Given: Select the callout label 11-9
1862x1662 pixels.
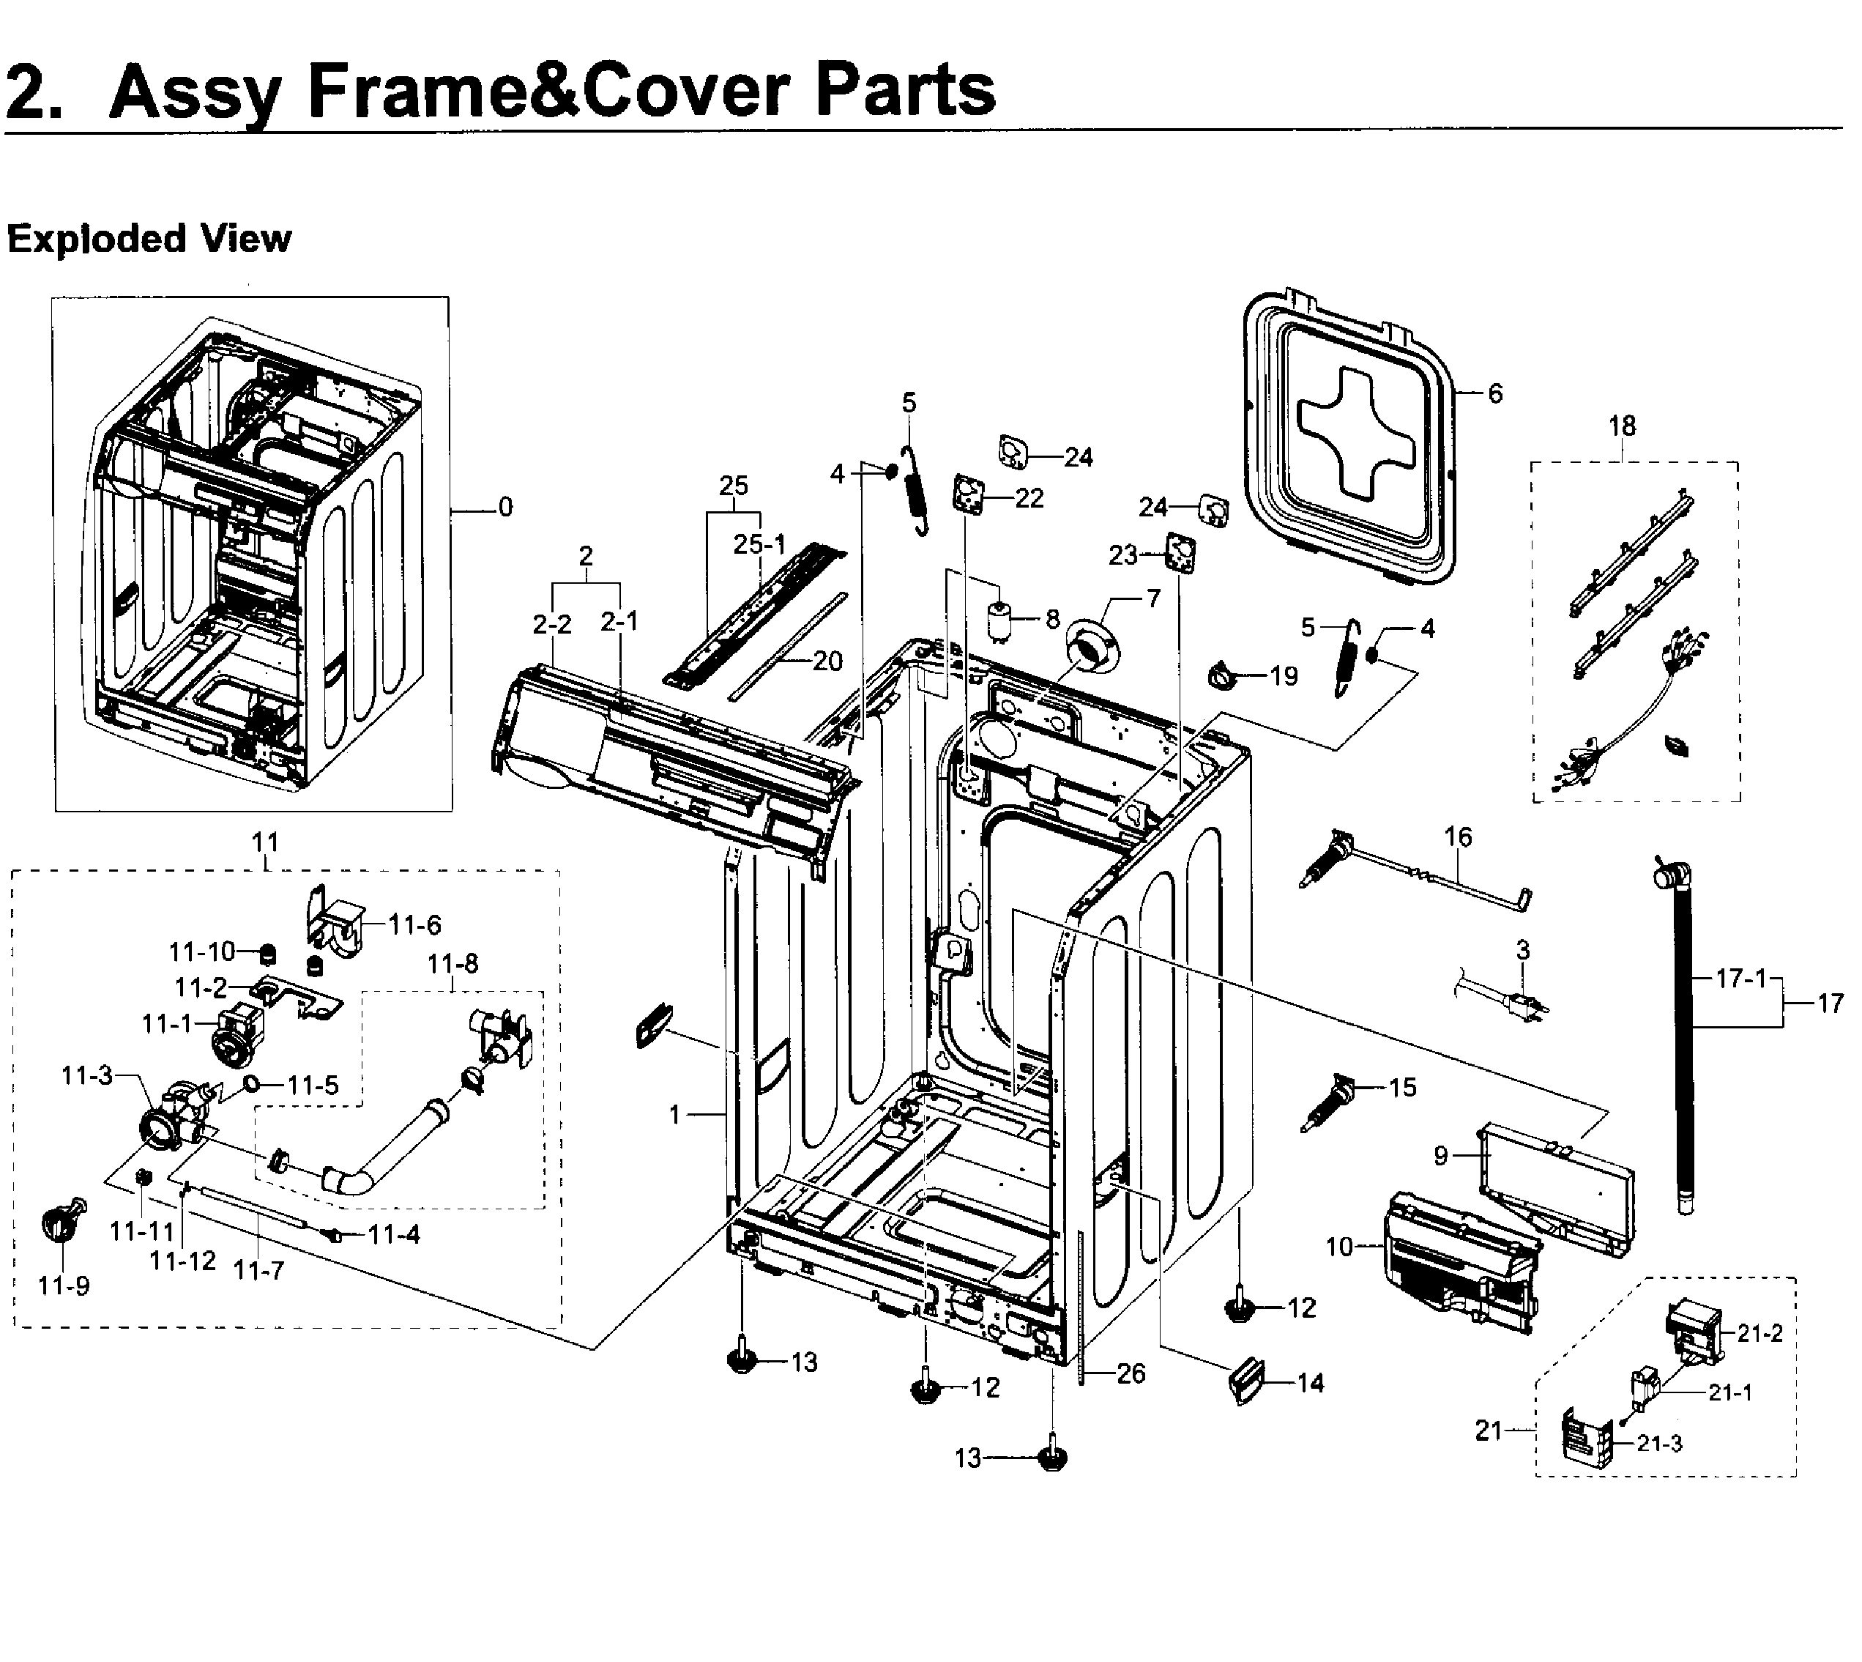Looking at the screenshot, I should (64, 1286).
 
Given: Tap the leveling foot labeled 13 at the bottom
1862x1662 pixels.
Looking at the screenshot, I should (1052, 1458).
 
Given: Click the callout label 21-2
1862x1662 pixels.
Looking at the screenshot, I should (1759, 1333).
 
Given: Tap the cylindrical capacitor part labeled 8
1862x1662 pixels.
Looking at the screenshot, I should (1002, 622).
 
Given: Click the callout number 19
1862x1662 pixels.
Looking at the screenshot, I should (1284, 676).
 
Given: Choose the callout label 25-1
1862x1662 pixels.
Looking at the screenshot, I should (759, 544).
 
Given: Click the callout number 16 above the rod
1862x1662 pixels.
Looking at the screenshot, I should (1458, 836).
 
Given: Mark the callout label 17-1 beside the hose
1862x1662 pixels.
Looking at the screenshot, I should (1740, 978).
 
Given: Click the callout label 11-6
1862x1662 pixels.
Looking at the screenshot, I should (414, 925).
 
